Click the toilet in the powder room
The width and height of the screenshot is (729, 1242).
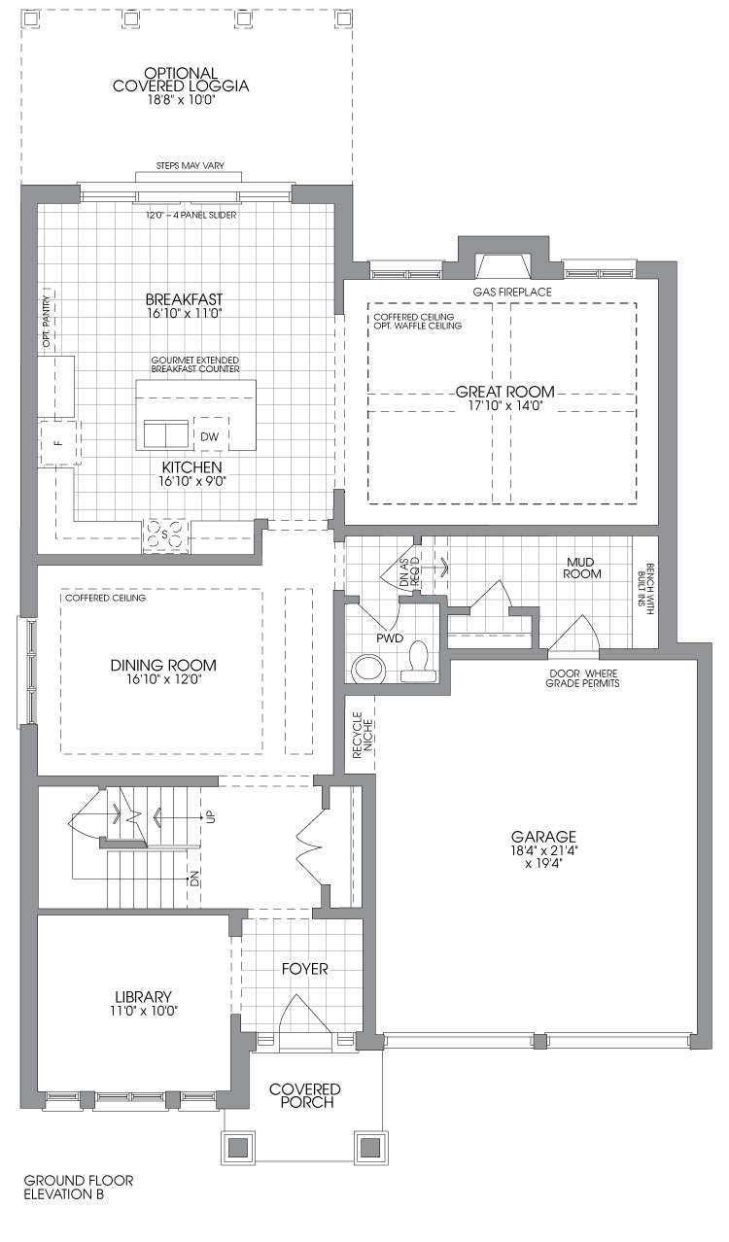point(419,661)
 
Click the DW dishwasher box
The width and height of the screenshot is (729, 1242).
point(211,435)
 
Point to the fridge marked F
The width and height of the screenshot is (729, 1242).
point(60,442)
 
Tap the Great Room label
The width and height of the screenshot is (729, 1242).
point(505,392)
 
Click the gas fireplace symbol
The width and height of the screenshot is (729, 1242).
point(504,266)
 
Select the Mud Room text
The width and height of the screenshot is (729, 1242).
point(582,568)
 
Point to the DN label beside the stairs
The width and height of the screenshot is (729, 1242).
point(194,879)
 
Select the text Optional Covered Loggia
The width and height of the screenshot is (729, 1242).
point(181,80)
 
